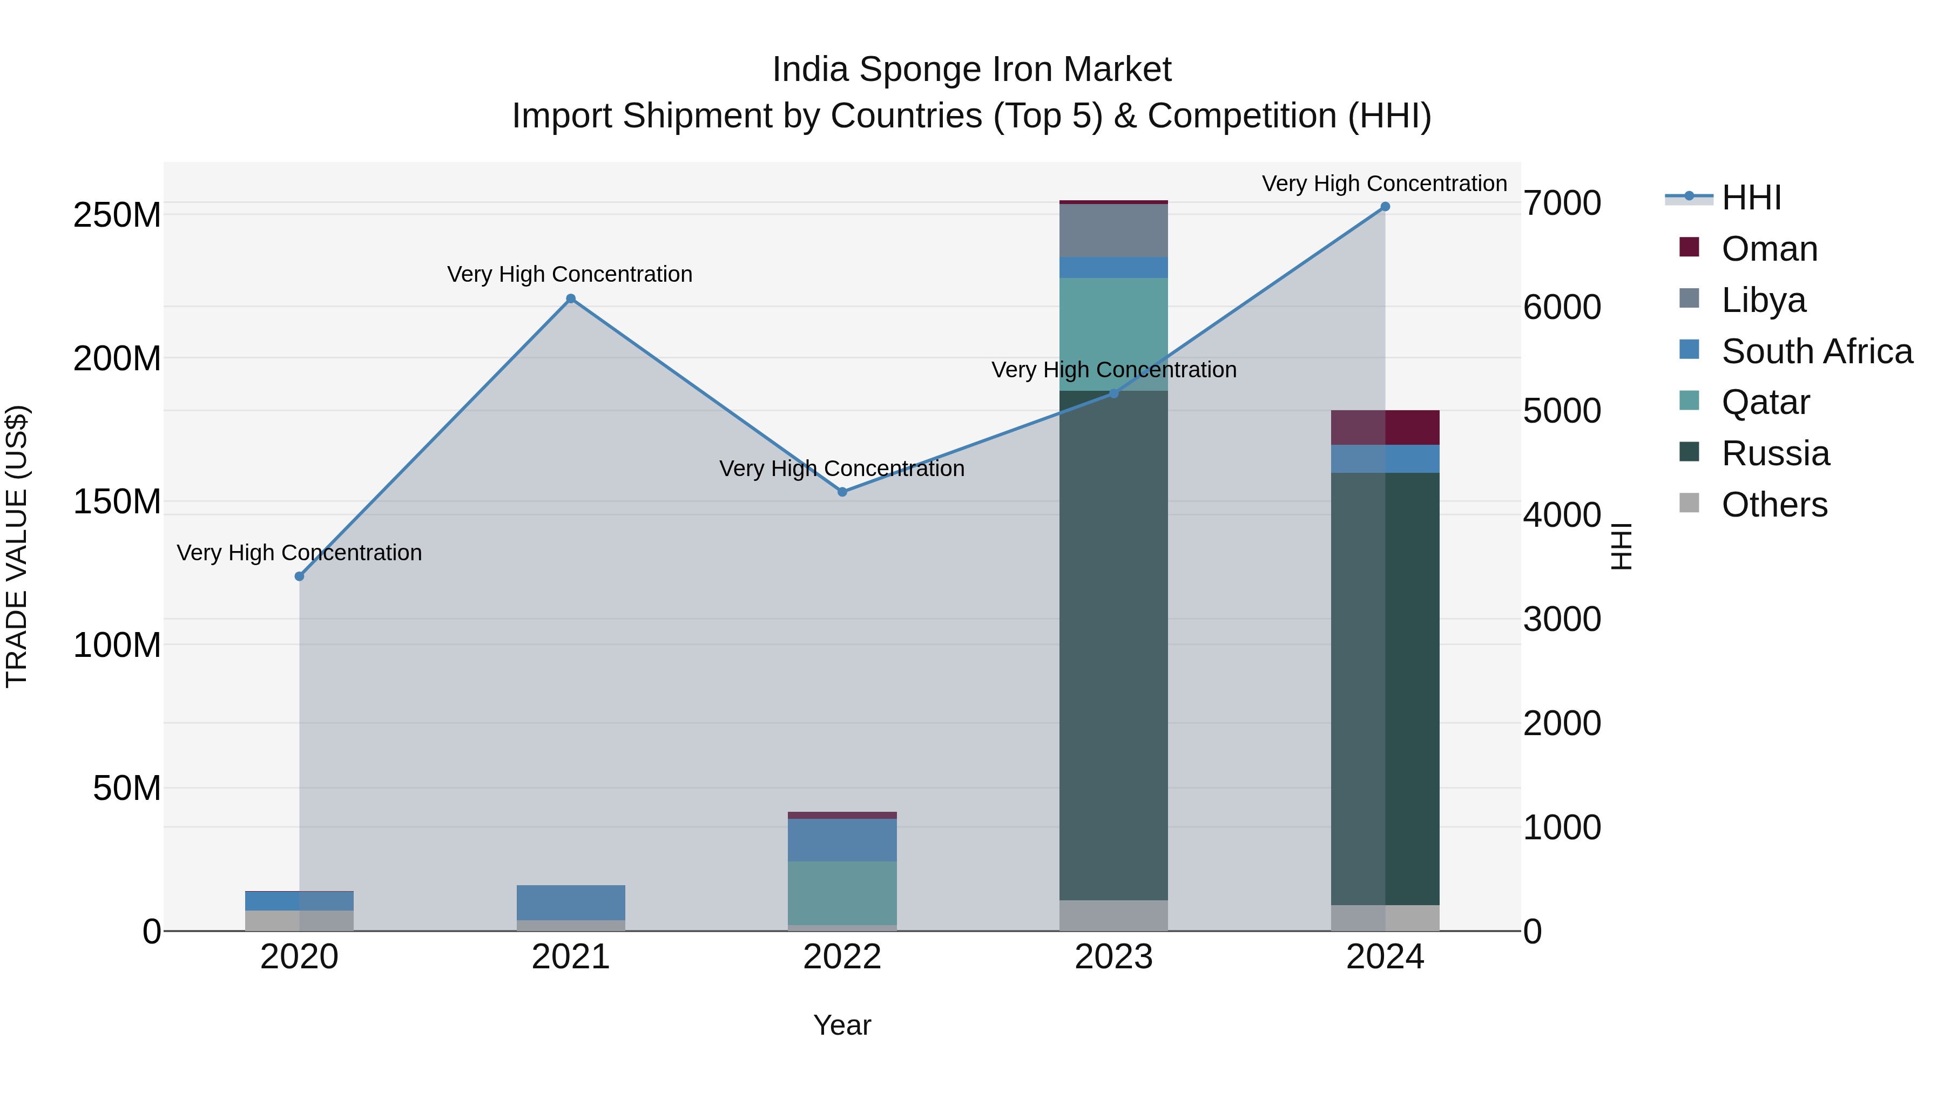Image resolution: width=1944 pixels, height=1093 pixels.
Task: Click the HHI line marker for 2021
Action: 571,298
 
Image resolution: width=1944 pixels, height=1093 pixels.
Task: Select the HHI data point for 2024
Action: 1385,207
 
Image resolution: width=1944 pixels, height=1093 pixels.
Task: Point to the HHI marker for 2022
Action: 842,492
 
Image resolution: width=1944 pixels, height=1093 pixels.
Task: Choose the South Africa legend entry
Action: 1815,351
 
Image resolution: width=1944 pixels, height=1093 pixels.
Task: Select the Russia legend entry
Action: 1774,453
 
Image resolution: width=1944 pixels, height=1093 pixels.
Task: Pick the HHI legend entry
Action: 1750,198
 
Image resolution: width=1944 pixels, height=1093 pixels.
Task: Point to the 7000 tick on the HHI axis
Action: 1561,203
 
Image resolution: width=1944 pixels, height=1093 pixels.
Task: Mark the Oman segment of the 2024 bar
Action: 1385,427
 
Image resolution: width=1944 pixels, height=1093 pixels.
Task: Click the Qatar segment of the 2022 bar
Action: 842,893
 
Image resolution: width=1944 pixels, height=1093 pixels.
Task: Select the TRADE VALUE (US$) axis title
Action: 17,546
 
